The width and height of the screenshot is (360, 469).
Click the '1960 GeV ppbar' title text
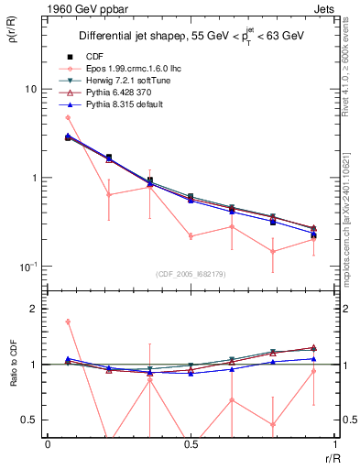point(80,8)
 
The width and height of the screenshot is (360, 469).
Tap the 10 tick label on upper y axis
point(29,89)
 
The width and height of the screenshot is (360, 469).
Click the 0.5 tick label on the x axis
point(191,444)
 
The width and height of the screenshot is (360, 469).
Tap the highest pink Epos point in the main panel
point(68,117)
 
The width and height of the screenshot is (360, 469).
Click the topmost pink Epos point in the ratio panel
point(68,322)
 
